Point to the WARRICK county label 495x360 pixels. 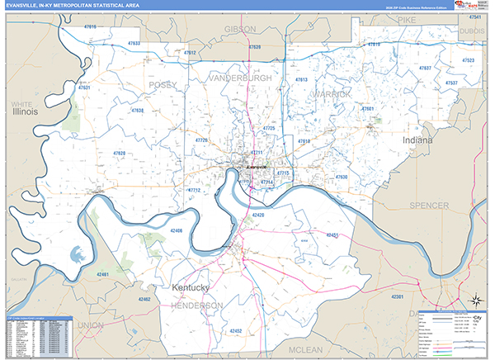[x=332, y=94]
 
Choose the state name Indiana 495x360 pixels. [x=417, y=141]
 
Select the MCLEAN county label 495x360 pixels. [x=305, y=350]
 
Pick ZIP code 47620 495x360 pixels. [x=120, y=154]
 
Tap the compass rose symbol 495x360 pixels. [x=476, y=299]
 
